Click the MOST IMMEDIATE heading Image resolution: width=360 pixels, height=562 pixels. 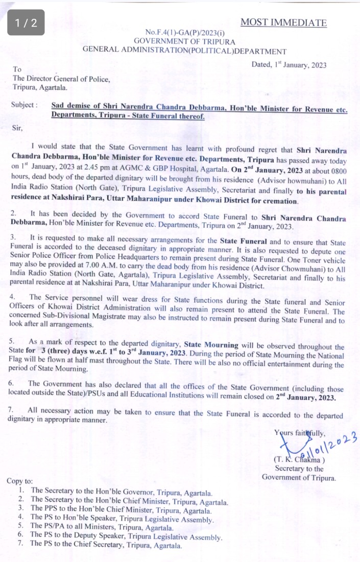(283, 22)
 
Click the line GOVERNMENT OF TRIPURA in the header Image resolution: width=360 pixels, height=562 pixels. (184, 41)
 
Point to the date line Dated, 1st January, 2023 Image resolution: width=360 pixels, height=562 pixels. (289, 65)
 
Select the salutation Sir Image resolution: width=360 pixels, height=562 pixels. (17, 128)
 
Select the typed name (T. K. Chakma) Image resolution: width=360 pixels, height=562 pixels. (299, 458)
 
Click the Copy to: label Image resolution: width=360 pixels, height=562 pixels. (19, 481)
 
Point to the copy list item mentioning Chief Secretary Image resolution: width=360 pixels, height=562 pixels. (106, 545)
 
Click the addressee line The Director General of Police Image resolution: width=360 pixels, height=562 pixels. (61, 79)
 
